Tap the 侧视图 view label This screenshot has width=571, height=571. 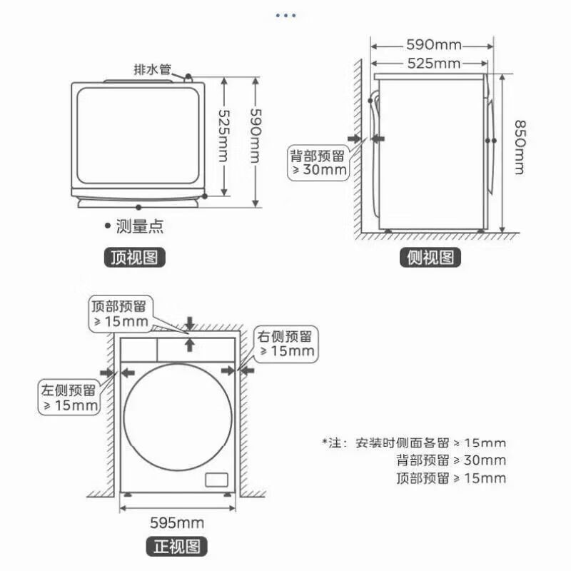pos(430,258)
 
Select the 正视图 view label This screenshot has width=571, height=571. pos(180,547)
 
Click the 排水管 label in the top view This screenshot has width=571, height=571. pos(153,70)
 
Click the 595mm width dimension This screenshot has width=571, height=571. pos(177,522)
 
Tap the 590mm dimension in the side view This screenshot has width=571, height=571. pos(433,45)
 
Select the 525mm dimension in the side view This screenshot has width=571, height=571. pos(433,64)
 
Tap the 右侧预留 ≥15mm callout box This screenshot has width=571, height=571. pos(286,343)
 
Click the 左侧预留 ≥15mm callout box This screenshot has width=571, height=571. pos(69,398)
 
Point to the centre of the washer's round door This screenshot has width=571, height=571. pos(177,418)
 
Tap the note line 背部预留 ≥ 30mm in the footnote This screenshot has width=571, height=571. pos(450,460)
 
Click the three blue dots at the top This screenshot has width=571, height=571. pos(285,15)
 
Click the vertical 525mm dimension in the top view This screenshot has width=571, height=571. pos(223,137)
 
